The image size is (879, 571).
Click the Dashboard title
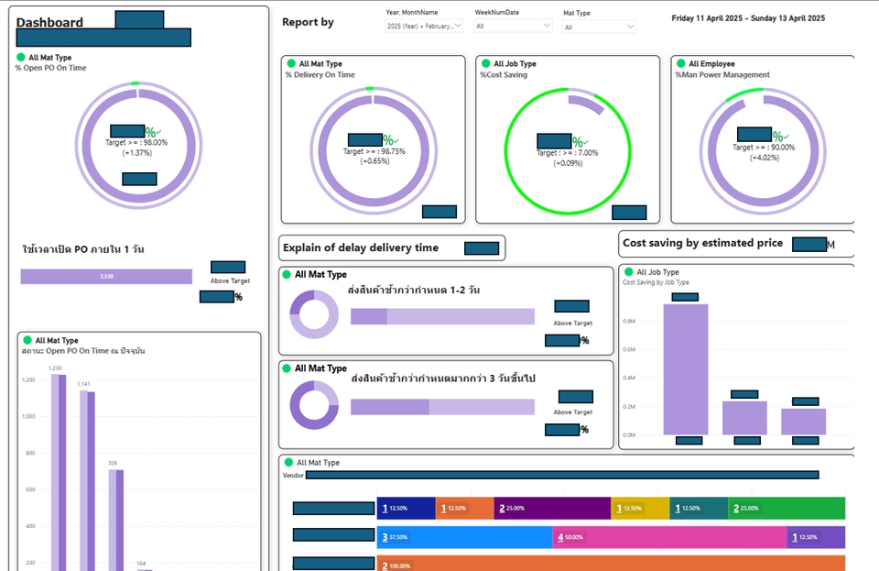[x=50, y=23]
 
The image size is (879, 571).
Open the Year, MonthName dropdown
[x=425, y=27]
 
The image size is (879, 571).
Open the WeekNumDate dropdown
[x=513, y=27]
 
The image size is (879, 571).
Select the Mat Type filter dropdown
[x=600, y=27]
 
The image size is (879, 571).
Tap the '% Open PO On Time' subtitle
[x=51, y=67]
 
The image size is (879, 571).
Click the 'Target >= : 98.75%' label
[x=374, y=151]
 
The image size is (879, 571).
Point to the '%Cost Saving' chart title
[x=504, y=75]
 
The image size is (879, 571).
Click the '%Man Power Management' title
[x=722, y=75]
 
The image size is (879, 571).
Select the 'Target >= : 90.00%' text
[x=764, y=147]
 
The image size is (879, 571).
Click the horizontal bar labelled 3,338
[x=106, y=276]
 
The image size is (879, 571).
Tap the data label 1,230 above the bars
[x=55, y=368]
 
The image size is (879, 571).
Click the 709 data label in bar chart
[x=112, y=464]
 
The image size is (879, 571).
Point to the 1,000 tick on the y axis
[x=28, y=416]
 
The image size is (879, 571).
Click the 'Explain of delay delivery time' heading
[x=361, y=247]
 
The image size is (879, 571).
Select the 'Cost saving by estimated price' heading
[x=702, y=243]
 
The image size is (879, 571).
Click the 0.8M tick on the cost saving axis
[x=629, y=322]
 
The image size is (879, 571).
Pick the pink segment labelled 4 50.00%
[x=669, y=538]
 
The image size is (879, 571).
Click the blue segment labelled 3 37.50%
[x=465, y=538]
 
